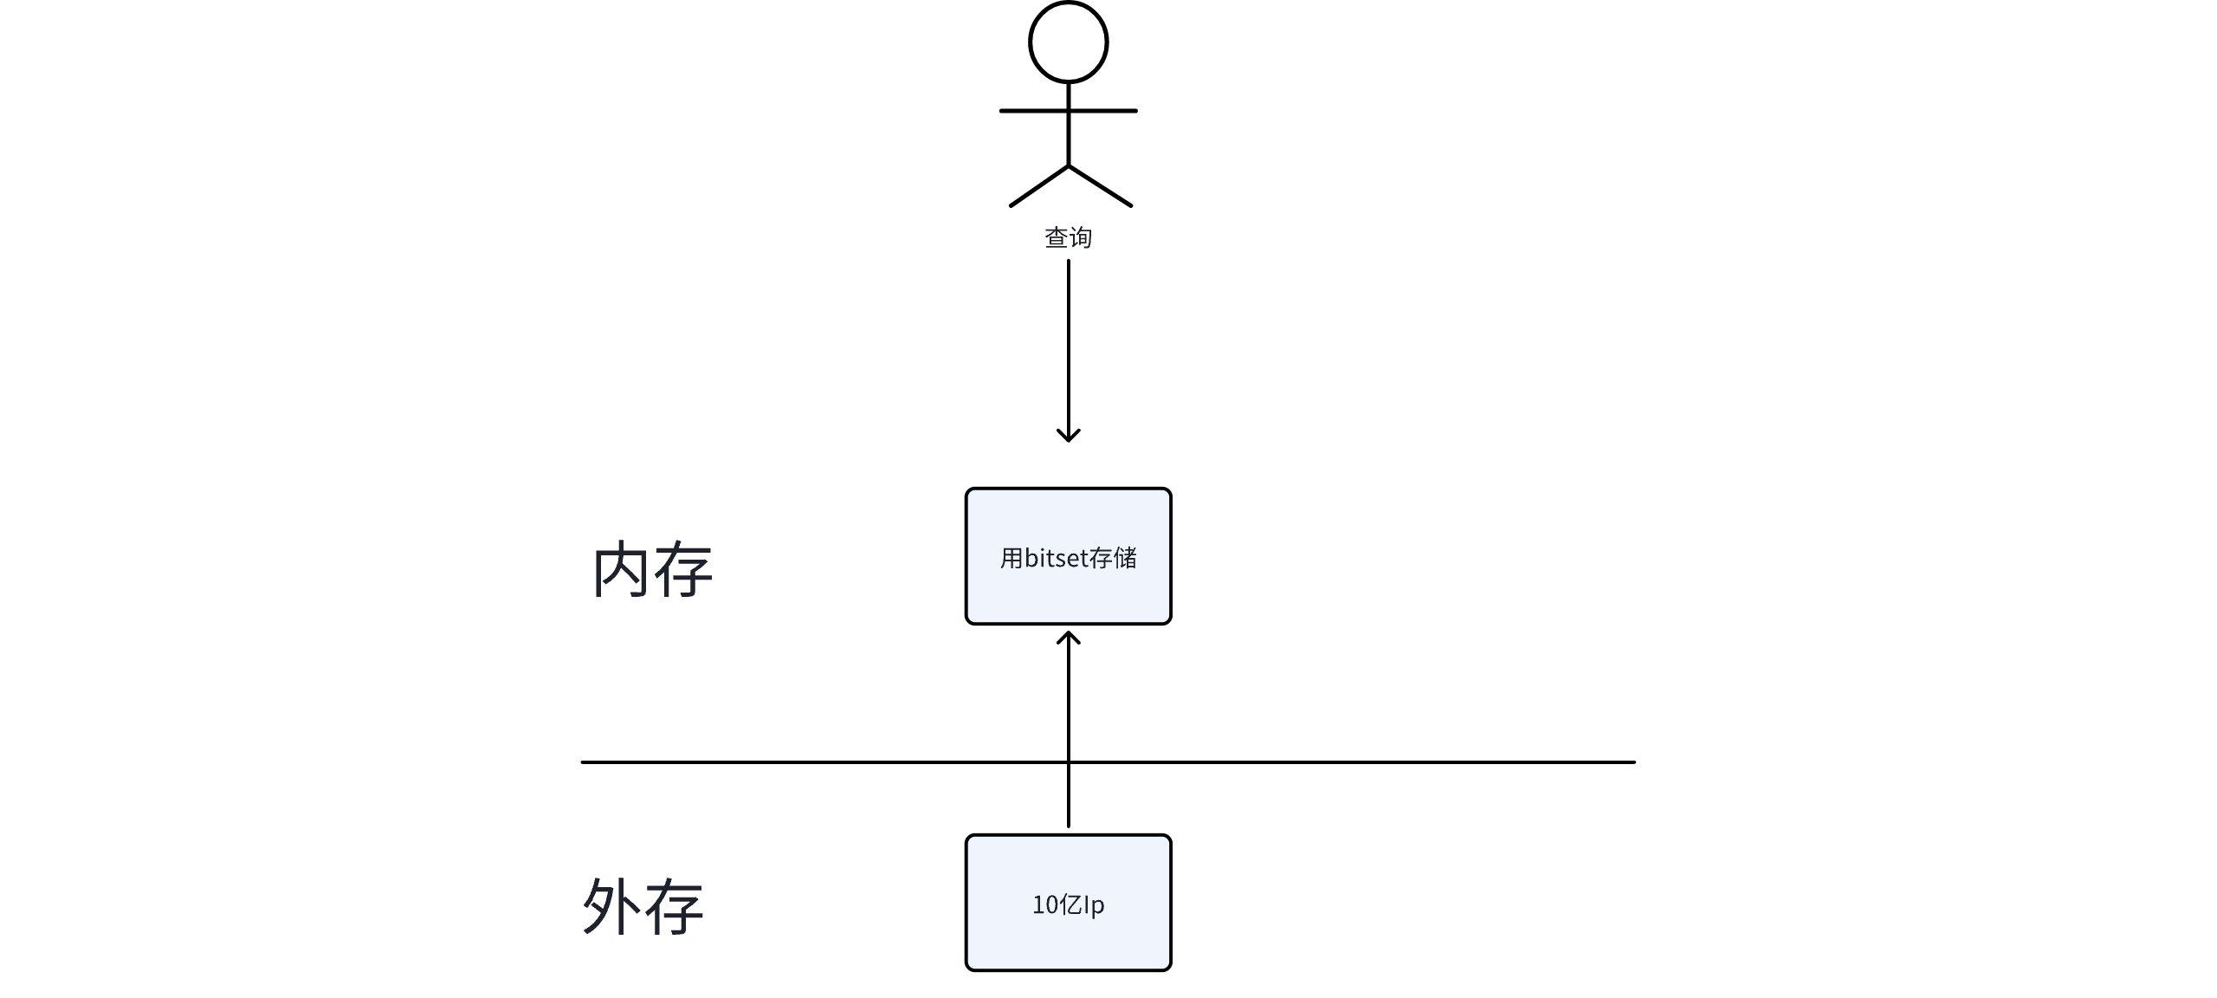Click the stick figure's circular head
1068,42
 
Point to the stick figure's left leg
1038,186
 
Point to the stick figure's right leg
1101,186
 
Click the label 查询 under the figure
1068,237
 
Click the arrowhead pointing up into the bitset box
1069,638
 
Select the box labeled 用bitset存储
1068,598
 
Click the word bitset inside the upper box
1056,558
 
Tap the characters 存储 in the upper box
1113,558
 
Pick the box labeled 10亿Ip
1068,944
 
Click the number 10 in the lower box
1044,905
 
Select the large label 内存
652,569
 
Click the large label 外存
643,906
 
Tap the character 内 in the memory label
621,569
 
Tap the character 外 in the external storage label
611,906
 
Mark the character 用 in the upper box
1012,558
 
